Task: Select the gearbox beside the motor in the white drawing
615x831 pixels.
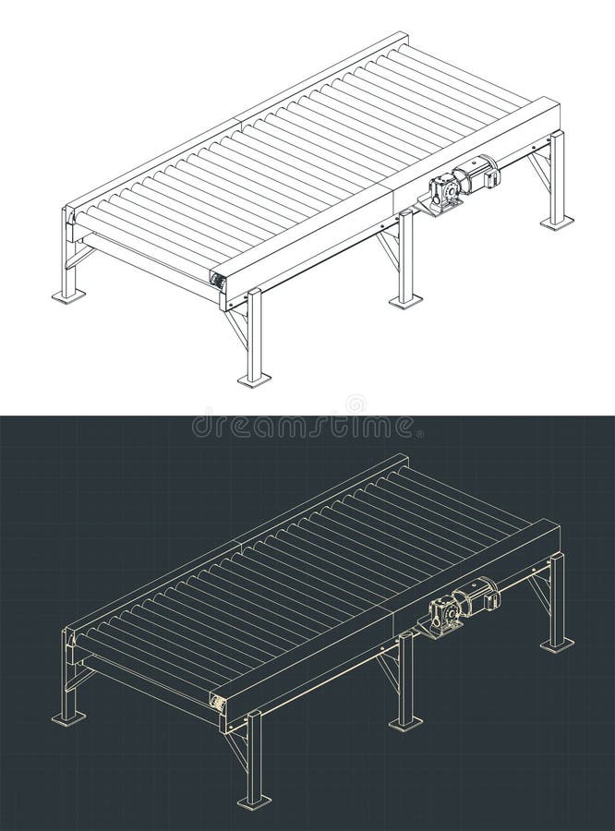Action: point(445,189)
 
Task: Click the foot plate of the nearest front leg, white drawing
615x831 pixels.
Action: point(254,379)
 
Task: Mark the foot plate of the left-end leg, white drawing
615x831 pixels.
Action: point(68,295)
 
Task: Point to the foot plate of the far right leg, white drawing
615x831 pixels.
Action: point(557,222)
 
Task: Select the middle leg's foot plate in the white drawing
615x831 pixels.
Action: point(405,300)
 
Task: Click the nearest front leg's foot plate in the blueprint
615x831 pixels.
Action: point(254,801)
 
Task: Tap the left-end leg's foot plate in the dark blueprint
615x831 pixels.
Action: point(68,717)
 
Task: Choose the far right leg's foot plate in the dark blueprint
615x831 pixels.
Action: point(557,644)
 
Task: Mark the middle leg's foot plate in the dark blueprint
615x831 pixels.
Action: point(405,722)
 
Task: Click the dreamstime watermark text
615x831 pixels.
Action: point(305,427)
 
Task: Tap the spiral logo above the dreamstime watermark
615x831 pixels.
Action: point(355,404)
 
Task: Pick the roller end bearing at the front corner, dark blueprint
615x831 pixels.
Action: point(218,703)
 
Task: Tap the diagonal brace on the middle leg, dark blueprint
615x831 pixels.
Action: point(389,669)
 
